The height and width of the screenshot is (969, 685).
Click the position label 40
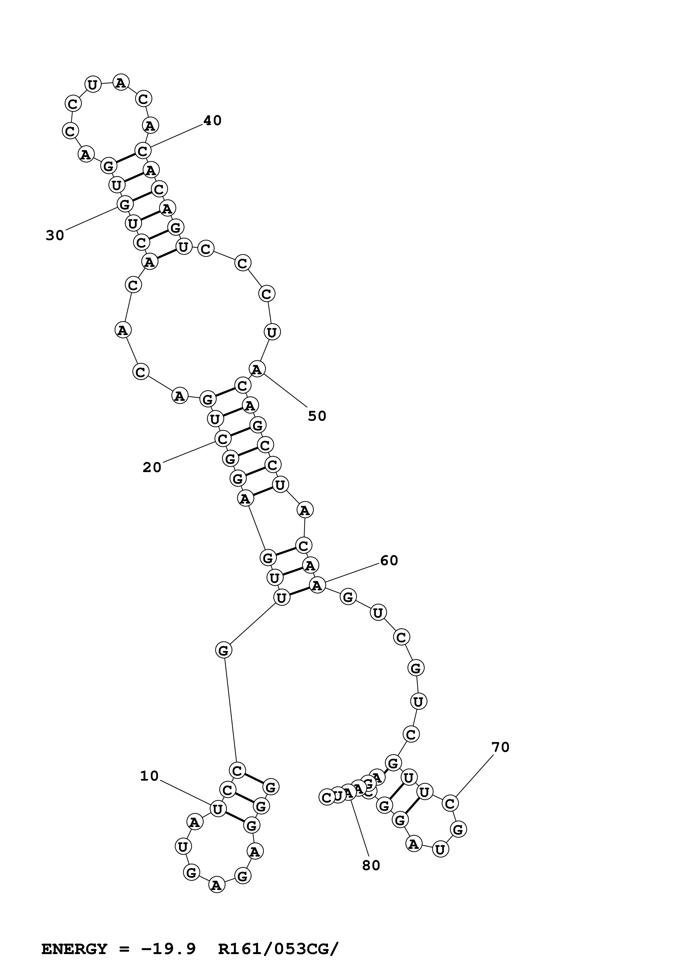[212, 121]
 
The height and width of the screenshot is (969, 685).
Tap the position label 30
[55, 236]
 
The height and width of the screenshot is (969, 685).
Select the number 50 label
[317, 416]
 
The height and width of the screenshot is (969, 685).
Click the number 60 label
[389, 560]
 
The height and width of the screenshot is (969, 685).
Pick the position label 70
[501, 747]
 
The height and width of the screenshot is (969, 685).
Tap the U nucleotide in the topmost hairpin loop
[93, 85]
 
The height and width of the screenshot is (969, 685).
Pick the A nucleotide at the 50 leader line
[257, 369]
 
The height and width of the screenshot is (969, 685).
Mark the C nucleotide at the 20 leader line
[222, 439]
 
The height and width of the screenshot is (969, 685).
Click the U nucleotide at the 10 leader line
[218, 809]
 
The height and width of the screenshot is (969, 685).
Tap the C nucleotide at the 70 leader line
[450, 804]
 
